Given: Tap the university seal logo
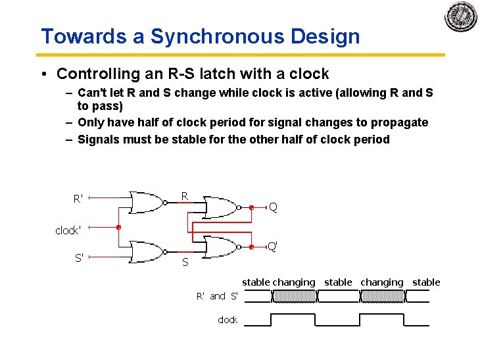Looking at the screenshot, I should (x=460, y=16).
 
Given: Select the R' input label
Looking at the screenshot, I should (x=78, y=197).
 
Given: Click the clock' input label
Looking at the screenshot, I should (x=68, y=230).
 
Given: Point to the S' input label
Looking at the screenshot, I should (x=78, y=258).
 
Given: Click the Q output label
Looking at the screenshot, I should (x=273, y=207).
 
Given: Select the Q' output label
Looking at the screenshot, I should (x=272, y=247).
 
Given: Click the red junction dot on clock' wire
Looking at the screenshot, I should (x=118, y=227).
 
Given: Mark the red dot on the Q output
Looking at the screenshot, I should (x=252, y=207).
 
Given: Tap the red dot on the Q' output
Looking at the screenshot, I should (x=252, y=247).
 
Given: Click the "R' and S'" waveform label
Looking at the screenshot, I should (x=217, y=296).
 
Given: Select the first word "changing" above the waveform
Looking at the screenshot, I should (x=294, y=282).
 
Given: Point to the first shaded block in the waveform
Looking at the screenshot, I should (x=294, y=296).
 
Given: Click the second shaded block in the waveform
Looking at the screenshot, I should (x=382, y=296).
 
